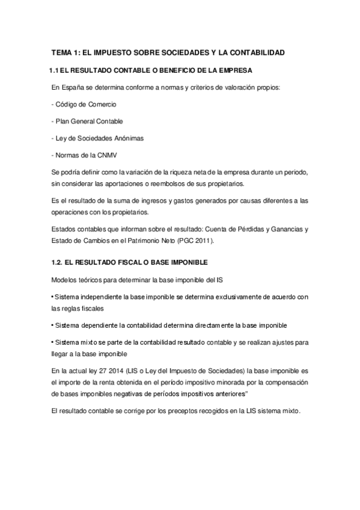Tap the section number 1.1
coord(53,71)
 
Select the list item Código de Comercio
coord(84,105)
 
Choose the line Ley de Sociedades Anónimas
coord(97,138)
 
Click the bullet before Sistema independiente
coord(52,297)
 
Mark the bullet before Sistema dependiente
coord(52,325)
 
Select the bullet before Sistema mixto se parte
coord(52,342)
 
